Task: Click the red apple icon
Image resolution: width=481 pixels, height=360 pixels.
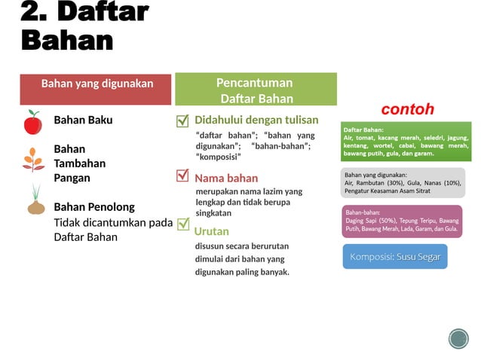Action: [32, 122]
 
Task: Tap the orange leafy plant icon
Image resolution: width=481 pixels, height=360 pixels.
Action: [33, 160]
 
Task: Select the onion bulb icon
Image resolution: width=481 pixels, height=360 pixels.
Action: [35, 201]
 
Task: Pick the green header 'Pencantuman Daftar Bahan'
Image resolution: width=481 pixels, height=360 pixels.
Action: [256, 90]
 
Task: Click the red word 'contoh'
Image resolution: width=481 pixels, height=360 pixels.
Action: [407, 109]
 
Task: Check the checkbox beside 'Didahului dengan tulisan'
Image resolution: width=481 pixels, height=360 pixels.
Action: [182, 121]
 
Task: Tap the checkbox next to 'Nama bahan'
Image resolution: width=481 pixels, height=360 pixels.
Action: [182, 175]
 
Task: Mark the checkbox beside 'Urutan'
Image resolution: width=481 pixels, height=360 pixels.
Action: [182, 224]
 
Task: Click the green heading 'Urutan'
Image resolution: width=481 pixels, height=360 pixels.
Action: [212, 231]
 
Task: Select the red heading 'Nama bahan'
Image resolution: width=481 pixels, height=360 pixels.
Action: [226, 178]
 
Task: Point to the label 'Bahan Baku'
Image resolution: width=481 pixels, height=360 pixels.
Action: [83, 120]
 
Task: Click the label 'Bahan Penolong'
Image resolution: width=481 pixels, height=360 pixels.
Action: [94, 206]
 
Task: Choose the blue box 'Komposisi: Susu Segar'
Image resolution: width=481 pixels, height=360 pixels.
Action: [395, 257]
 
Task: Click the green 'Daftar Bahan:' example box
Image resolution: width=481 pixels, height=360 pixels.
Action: [406, 142]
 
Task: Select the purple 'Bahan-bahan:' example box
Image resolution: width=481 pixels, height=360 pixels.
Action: [401, 221]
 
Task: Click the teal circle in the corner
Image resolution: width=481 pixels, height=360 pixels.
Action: [458, 339]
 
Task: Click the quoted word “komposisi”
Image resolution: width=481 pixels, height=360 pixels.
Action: [219, 157]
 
